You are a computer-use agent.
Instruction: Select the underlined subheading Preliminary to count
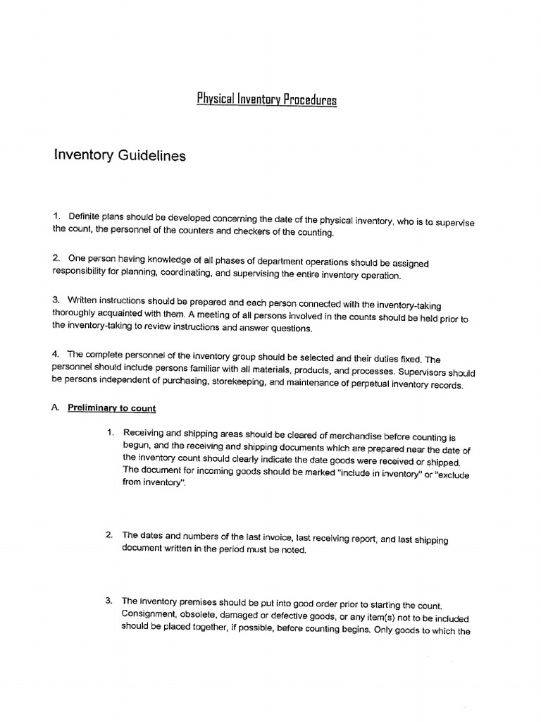(x=111, y=408)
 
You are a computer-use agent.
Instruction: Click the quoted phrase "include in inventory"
(x=366, y=474)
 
